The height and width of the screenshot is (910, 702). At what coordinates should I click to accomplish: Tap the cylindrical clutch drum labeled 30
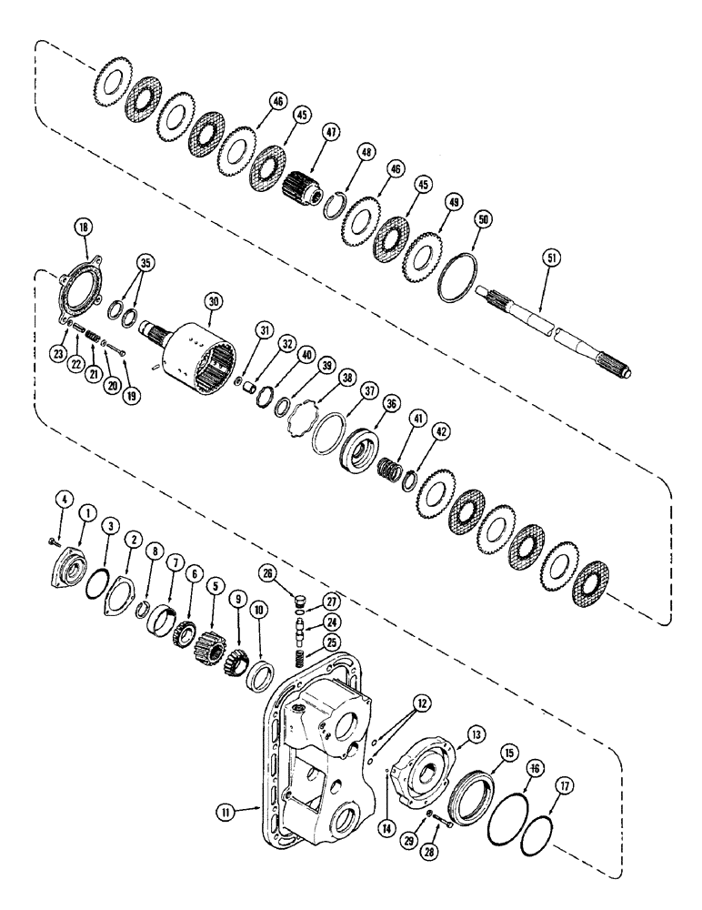click(209, 354)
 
